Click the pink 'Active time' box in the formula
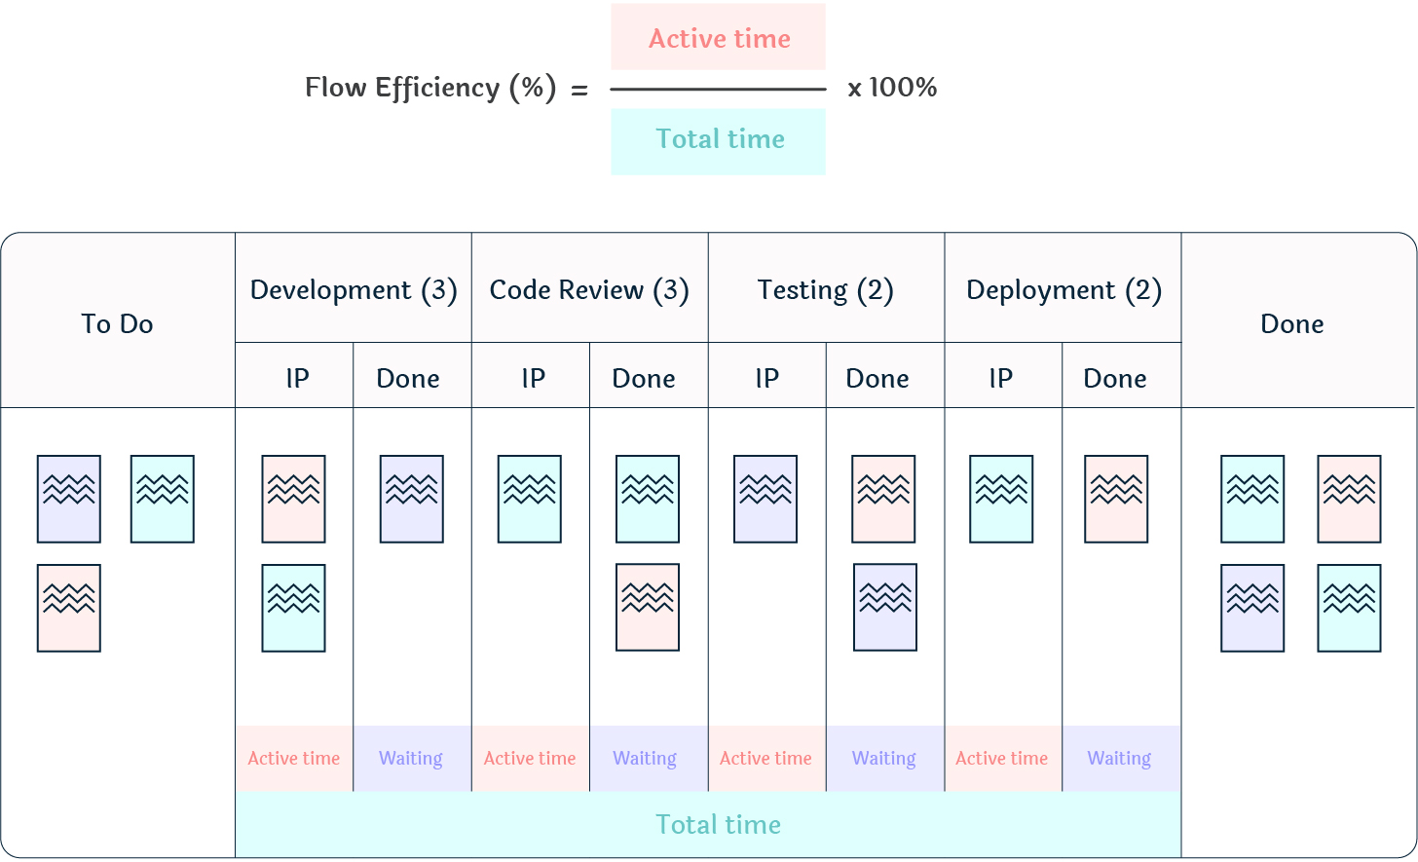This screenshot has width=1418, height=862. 719,38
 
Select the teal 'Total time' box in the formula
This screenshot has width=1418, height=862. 719,140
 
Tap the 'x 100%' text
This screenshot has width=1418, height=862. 892,88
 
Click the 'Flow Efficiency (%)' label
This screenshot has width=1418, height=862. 430,88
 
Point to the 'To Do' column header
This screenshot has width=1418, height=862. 117,323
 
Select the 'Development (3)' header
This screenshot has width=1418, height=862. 354,290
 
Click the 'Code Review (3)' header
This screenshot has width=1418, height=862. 589,290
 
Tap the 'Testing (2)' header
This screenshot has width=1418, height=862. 826,290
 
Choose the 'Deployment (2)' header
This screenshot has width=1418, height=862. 1063,290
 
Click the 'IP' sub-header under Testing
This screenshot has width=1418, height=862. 766,378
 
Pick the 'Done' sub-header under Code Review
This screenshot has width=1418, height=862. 644,378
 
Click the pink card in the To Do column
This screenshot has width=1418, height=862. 69,608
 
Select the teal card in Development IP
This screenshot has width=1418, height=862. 293,608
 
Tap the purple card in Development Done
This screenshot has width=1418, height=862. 412,499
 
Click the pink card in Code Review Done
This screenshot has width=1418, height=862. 648,608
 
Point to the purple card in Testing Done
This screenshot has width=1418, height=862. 885,608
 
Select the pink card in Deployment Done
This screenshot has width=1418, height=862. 1116,499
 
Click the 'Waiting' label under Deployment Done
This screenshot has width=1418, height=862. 1119,758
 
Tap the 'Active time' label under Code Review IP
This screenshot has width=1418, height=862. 530,758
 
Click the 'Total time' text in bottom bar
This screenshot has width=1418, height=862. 718,825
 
